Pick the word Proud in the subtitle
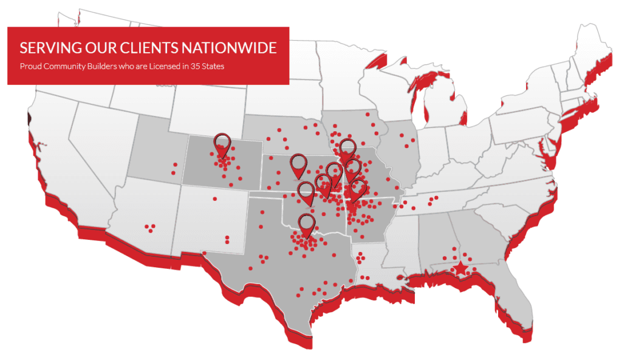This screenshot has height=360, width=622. click(30, 66)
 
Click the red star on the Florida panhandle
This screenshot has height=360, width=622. click(461, 267)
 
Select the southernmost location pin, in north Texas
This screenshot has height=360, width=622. click(307, 223)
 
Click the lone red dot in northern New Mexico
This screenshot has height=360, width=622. click(214, 199)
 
